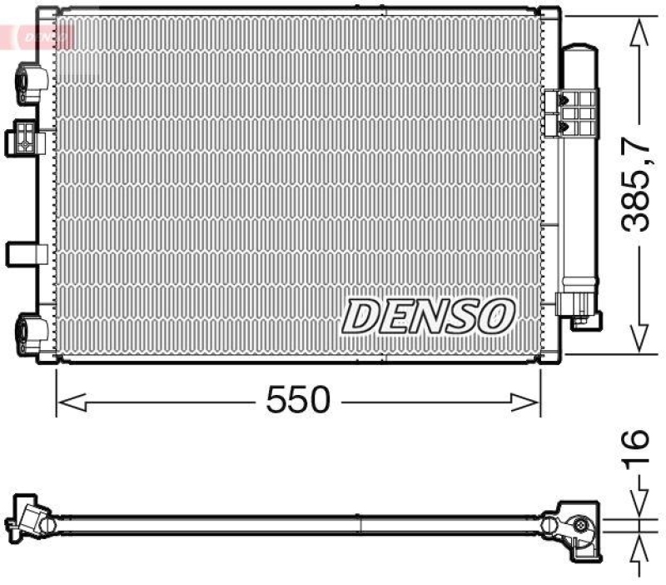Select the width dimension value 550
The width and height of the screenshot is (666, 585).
[x=298, y=402]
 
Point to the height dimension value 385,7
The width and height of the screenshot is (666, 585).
[x=638, y=188]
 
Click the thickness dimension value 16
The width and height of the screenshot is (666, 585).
[x=636, y=451]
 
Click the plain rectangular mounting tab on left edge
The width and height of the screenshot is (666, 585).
[x=22, y=252]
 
